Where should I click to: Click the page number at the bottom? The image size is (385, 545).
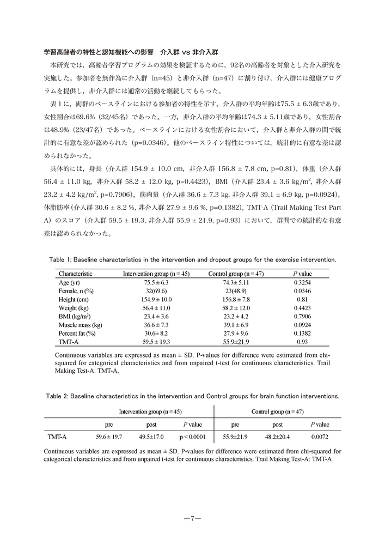pyautogui.click(x=192, y=518)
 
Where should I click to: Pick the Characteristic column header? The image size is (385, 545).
pyautogui.click(x=76, y=274)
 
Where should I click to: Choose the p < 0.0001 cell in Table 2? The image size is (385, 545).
pyautogui.click(x=194, y=437)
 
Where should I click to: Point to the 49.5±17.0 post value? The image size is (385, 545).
pyautogui.click(x=151, y=437)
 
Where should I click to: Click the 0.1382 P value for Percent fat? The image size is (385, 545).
pyautogui.click(x=303, y=332)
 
